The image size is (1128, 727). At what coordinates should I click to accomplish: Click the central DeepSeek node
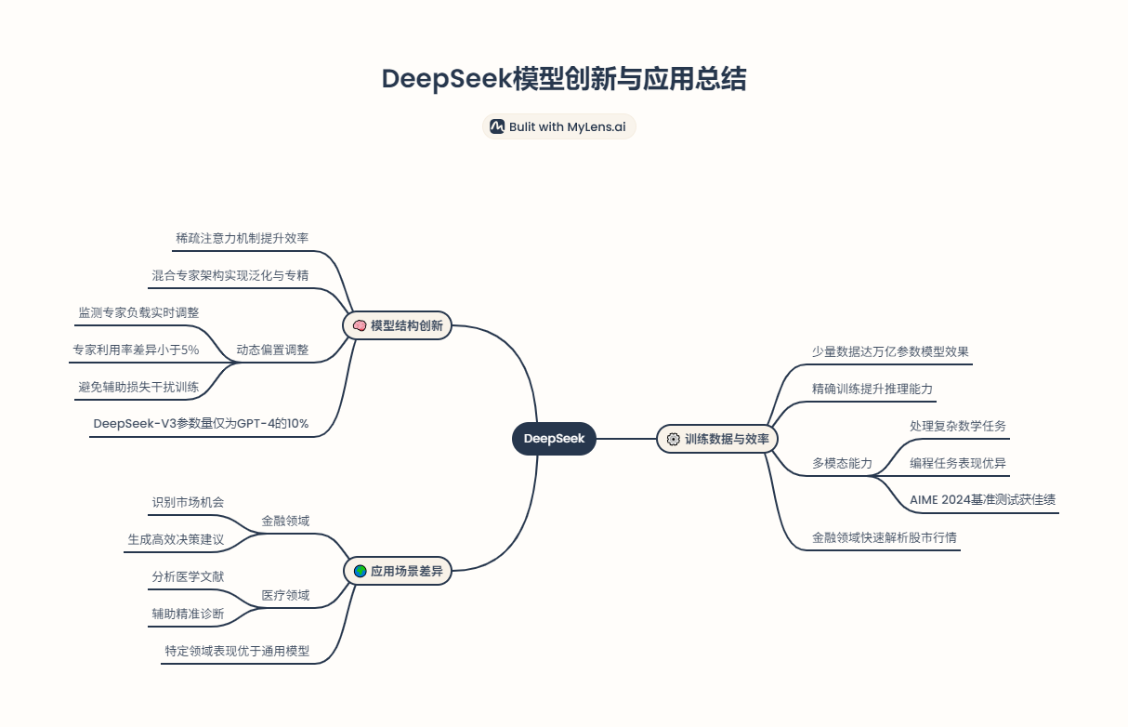pyautogui.click(x=554, y=438)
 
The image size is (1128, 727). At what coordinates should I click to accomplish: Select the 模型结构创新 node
pyautogui.click(x=397, y=325)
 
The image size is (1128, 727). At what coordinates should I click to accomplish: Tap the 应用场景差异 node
pyautogui.click(x=397, y=571)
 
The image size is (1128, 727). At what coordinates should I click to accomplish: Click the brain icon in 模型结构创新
pyautogui.click(x=360, y=325)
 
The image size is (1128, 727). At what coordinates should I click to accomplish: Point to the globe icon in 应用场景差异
pyautogui.click(x=360, y=571)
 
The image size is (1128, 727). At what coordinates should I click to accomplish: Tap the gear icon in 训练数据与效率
pyautogui.click(x=674, y=439)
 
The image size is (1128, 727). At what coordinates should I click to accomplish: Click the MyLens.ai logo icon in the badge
pyautogui.click(x=497, y=126)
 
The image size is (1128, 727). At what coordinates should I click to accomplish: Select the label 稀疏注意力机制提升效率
pyautogui.click(x=242, y=238)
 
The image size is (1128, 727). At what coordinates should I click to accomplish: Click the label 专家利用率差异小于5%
pyautogui.click(x=136, y=350)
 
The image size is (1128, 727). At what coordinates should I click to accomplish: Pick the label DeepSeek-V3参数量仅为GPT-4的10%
pyautogui.click(x=201, y=424)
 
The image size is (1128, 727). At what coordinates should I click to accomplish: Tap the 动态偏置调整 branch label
pyautogui.click(x=272, y=350)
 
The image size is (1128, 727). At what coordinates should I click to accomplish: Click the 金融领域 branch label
pyautogui.click(x=285, y=522)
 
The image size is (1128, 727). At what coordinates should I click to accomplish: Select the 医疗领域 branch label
pyautogui.click(x=285, y=595)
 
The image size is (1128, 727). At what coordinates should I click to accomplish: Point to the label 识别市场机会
pyautogui.click(x=188, y=502)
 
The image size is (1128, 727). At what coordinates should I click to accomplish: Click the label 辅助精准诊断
pyautogui.click(x=188, y=614)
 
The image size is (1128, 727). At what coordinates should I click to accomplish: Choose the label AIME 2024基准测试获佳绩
pyautogui.click(x=982, y=499)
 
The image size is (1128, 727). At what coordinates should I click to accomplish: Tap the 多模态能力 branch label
pyautogui.click(x=842, y=463)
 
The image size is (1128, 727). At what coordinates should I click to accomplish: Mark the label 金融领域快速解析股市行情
pyautogui.click(x=884, y=537)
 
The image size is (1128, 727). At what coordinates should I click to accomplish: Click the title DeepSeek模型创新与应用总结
pyautogui.click(x=563, y=79)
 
